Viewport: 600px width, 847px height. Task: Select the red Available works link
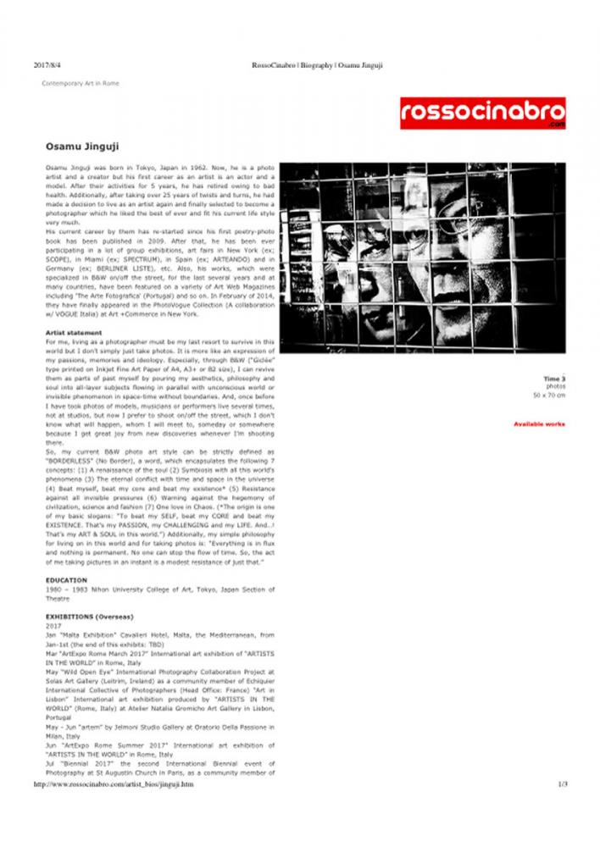pyautogui.click(x=539, y=423)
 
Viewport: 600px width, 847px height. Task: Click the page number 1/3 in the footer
pyautogui.click(x=562, y=784)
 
